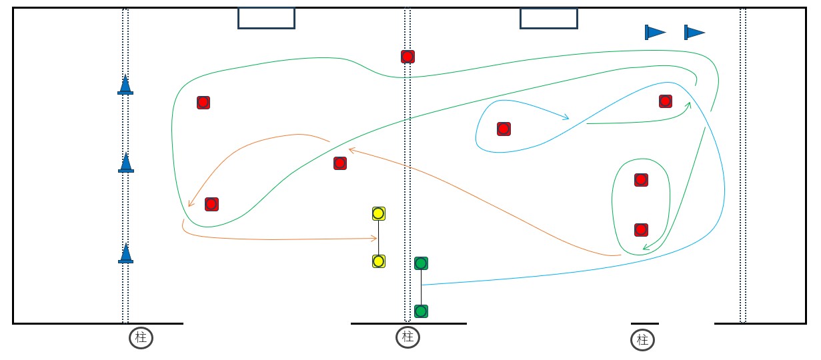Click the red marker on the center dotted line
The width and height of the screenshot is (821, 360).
click(408, 57)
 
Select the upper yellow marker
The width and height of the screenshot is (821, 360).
click(378, 213)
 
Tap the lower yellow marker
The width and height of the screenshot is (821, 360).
click(378, 261)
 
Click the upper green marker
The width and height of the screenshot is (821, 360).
click(421, 263)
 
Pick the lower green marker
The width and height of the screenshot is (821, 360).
click(421, 311)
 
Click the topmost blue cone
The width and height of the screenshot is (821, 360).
click(125, 85)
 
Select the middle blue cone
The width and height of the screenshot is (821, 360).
click(125, 163)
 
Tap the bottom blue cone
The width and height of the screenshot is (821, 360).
click(125, 253)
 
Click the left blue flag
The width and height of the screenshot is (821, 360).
click(654, 32)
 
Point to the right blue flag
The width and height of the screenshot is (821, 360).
click(694, 32)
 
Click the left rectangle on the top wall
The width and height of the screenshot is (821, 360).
click(266, 18)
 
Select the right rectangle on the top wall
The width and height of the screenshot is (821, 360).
click(548, 18)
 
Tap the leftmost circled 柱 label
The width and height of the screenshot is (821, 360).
click(141, 338)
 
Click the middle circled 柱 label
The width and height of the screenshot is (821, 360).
click(407, 337)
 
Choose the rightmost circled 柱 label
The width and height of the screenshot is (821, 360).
click(642, 341)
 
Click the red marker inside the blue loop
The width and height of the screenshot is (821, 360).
click(504, 129)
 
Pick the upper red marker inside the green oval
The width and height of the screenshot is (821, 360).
click(641, 180)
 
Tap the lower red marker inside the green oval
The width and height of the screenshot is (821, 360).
click(641, 230)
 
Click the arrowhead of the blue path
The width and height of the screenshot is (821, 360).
click(567, 119)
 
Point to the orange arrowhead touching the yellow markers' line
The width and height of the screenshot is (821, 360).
click(375, 238)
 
